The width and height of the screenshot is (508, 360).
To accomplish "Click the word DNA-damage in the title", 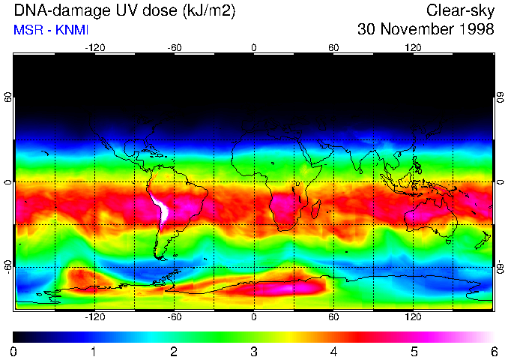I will (x=58, y=10).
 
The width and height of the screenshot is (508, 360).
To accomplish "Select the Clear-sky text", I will (x=460, y=10).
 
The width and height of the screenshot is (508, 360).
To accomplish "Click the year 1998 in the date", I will (x=475, y=30).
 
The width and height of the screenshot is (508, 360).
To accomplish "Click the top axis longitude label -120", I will (x=94, y=47).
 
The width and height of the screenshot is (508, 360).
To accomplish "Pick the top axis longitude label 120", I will (x=413, y=47).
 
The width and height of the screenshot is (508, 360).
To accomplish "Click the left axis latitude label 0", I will (x=8, y=182).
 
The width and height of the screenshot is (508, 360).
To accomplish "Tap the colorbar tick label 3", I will (x=254, y=351).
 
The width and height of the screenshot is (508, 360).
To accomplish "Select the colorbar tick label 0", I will (x=14, y=351).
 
